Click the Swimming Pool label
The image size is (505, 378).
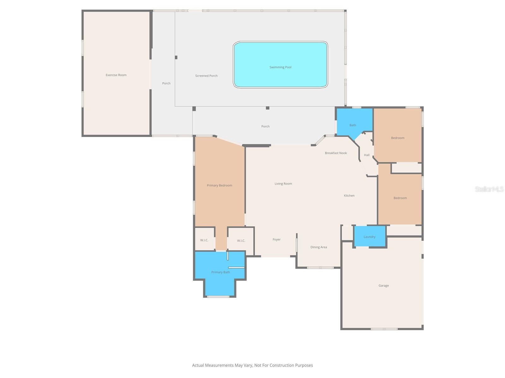(280, 67)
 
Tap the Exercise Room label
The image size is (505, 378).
(116, 75)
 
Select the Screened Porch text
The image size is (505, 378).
(206, 76)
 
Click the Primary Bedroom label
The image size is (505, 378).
(219, 185)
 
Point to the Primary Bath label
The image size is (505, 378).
(220, 272)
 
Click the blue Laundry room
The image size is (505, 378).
(369, 237)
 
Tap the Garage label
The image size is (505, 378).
(383, 285)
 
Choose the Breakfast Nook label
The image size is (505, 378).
(336, 153)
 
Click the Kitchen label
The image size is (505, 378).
(349, 196)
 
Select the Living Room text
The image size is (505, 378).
(283, 184)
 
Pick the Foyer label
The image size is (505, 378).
(276, 239)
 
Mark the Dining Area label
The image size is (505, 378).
(318, 247)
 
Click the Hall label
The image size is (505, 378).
(366, 155)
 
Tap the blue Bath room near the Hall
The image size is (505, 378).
(352, 125)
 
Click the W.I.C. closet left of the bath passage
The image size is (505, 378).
(204, 240)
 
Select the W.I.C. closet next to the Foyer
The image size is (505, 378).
(241, 241)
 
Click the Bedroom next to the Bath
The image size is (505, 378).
(397, 138)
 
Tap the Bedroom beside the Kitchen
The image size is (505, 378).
(400, 198)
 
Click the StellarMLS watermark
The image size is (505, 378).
(489, 189)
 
